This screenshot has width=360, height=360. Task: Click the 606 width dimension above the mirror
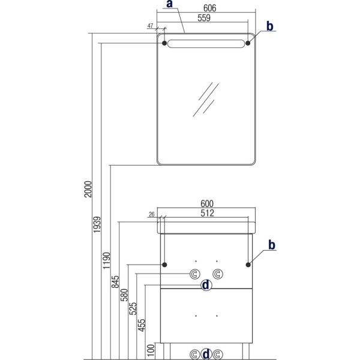point(209,8)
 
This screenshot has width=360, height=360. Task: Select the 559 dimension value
point(204,18)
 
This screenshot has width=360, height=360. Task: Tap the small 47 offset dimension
point(150,26)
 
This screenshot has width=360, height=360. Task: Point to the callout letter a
point(169,4)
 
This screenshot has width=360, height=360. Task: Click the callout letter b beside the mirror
point(270,26)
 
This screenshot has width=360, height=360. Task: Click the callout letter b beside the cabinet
point(272,245)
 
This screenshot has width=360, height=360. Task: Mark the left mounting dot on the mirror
point(164,43)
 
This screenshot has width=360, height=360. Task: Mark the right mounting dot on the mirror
point(248,43)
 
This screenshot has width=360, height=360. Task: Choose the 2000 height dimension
point(88,189)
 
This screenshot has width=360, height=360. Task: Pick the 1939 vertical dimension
point(97,224)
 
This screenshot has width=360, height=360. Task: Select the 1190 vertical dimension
point(107,260)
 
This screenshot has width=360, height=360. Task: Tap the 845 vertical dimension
point(115,282)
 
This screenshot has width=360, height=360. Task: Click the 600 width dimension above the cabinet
point(207,203)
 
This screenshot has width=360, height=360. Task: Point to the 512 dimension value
point(208,213)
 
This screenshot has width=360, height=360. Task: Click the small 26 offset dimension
point(152,214)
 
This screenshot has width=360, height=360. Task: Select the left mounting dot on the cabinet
point(164,265)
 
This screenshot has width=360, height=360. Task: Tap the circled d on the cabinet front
point(206,285)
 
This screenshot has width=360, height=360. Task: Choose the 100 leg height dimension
point(151,350)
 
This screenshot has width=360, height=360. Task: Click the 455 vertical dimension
point(142,325)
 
